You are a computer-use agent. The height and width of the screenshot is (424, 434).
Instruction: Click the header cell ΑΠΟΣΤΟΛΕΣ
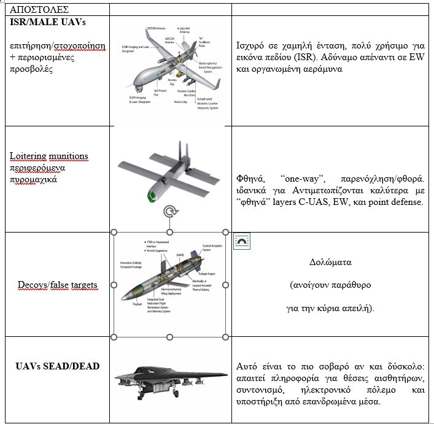click(x=36, y=10)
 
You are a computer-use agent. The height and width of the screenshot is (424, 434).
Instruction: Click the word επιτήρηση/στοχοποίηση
click(x=58, y=46)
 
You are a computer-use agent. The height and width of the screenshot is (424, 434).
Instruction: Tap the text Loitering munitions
click(x=48, y=156)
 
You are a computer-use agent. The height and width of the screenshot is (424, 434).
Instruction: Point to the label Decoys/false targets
click(x=56, y=285)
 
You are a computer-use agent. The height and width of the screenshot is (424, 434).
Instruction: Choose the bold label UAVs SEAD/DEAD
click(x=57, y=366)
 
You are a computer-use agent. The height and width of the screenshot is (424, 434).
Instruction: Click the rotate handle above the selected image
click(x=169, y=212)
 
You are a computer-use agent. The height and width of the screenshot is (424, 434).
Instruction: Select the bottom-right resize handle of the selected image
click(x=225, y=336)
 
